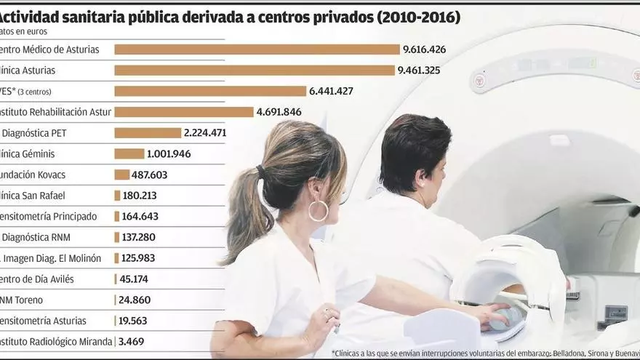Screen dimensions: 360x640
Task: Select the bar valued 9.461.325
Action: pyautogui.click(x=255, y=71)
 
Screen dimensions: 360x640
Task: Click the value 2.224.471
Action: pyautogui.click(x=205, y=133)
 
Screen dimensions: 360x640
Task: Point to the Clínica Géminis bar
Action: pyautogui.click(x=129, y=153)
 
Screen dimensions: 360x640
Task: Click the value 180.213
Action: pyautogui.click(x=140, y=196)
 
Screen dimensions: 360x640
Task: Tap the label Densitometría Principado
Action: pyautogui.click(x=51, y=216)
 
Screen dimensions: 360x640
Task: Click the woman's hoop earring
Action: pyautogui.click(x=319, y=211)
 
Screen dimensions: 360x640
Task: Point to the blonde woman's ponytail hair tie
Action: pyautogui.click(x=261, y=173)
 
